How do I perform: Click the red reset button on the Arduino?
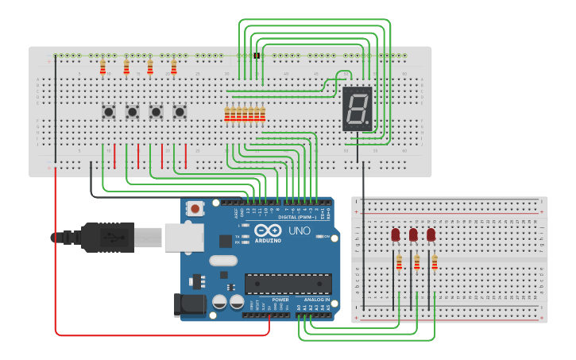coord(195,209)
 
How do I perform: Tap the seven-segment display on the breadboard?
coord(358,109)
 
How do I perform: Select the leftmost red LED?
coord(396,234)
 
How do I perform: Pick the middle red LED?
coord(413,234)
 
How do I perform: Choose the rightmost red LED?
coord(431,234)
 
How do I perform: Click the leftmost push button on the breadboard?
coord(108,112)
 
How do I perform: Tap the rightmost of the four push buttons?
coord(180,112)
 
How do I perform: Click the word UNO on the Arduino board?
coord(299,230)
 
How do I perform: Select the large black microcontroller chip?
coord(288,284)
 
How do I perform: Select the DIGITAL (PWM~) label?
coord(297,216)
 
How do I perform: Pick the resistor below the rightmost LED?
coord(435,262)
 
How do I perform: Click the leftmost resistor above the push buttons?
coord(102,68)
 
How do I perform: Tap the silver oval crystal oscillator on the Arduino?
coord(223,261)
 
